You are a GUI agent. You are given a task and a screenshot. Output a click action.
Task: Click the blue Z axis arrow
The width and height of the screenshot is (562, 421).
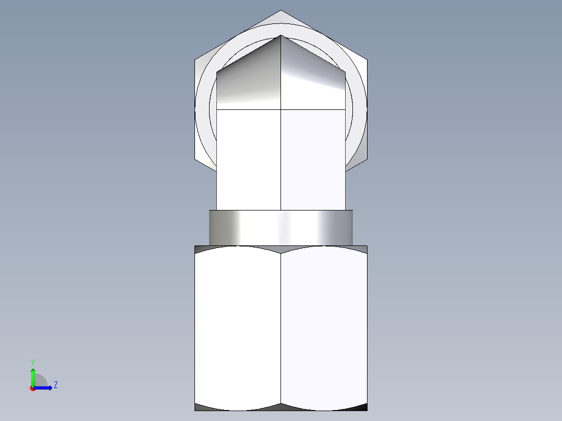click(45, 388)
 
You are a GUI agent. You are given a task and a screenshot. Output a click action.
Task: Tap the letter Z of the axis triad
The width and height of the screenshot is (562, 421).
click(55, 385)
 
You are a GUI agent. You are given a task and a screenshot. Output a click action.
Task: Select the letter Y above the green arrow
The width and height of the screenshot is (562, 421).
click(32, 361)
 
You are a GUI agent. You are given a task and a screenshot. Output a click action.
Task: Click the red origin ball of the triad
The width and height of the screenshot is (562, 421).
click(33, 388)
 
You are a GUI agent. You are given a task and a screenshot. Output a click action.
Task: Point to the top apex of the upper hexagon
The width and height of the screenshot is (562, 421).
click(281, 11)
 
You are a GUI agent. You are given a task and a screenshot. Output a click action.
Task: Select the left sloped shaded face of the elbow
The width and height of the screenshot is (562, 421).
click(249, 78)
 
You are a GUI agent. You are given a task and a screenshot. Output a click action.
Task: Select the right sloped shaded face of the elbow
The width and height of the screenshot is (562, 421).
click(313, 78)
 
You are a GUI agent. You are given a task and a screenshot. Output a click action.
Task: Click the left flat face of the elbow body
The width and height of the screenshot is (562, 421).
click(249, 159)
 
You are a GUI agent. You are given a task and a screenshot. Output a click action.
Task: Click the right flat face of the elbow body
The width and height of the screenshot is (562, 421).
click(313, 159)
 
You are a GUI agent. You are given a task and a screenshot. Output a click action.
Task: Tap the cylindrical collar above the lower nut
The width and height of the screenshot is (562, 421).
click(280, 228)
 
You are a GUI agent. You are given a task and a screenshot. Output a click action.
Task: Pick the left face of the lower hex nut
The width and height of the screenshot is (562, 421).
click(238, 328)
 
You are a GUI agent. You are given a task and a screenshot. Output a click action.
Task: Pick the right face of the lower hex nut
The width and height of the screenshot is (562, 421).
click(324, 328)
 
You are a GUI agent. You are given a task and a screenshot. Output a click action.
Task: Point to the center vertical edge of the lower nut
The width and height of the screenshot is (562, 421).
click(281, 328)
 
